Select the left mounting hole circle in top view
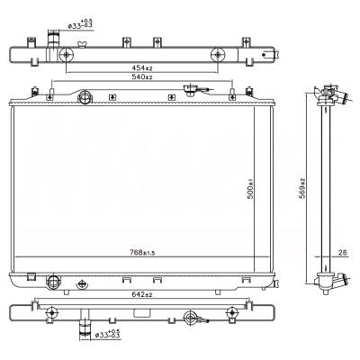click(67, 55)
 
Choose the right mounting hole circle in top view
click(217, 55)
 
